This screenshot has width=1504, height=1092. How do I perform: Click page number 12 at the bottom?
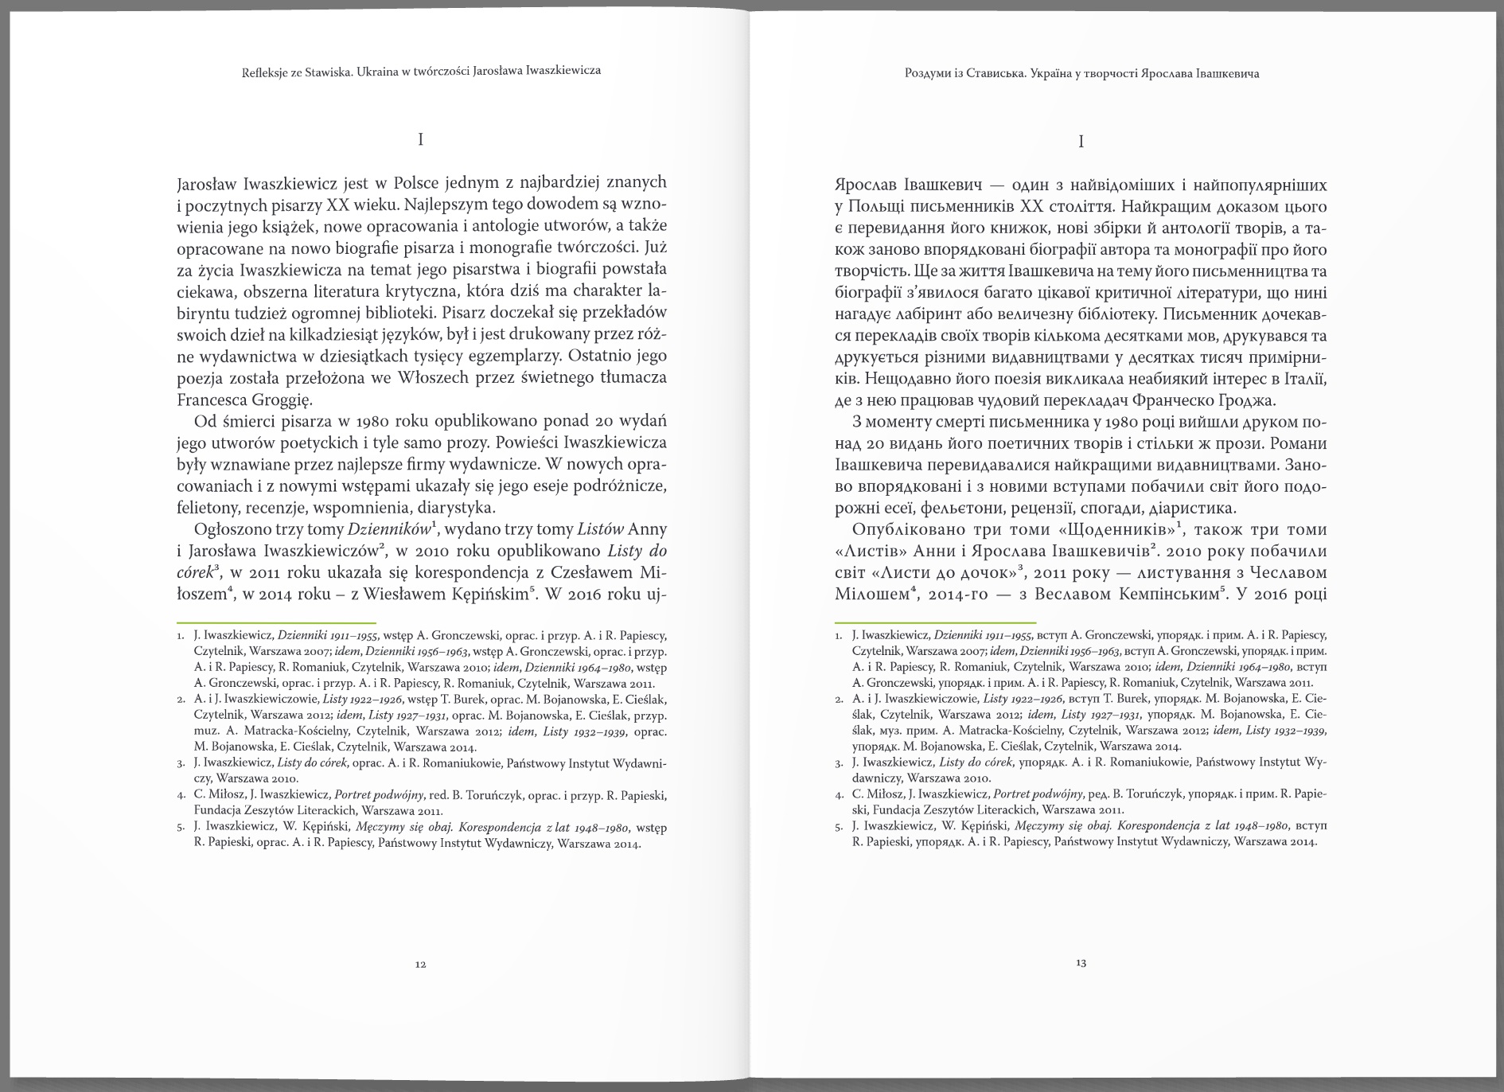[421, 965]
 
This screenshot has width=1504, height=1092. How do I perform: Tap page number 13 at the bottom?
[1081, 963]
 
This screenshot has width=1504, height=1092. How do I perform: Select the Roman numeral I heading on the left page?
[421, 140]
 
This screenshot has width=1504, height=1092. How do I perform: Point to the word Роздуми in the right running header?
[929, 74]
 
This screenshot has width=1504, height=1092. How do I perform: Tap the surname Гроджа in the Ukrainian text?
[1245, 400]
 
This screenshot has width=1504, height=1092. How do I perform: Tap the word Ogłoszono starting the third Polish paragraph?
[236, 529]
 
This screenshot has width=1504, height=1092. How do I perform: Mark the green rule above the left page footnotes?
[276, 622]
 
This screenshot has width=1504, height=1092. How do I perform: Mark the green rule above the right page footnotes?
[935, 622]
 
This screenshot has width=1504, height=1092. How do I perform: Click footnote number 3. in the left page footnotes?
[181, 763]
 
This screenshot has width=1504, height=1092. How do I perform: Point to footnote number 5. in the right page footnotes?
[840, 827]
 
